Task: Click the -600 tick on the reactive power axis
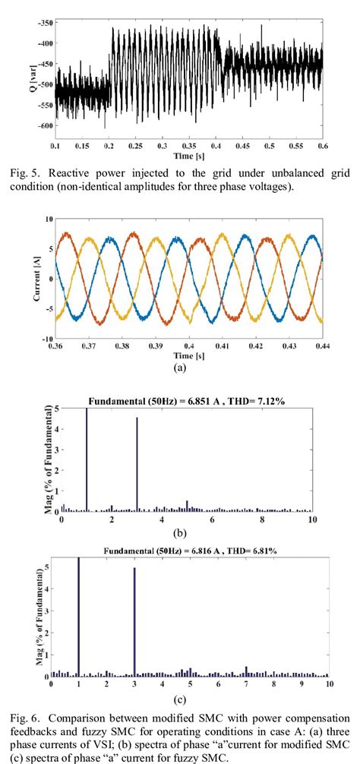point(46,125)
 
